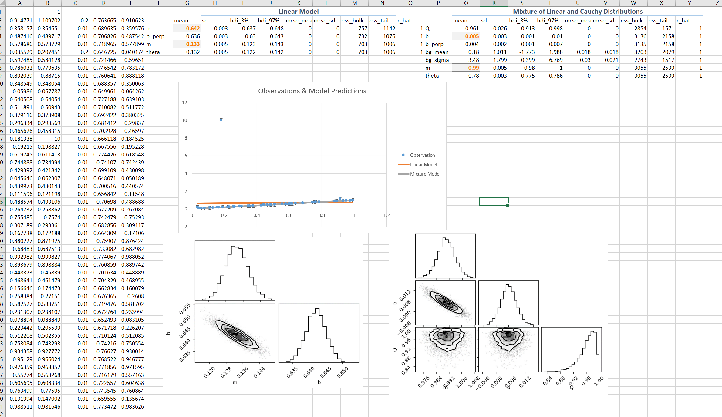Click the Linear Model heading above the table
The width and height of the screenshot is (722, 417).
(299, 11)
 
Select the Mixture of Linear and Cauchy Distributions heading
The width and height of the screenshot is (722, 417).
(578, 11)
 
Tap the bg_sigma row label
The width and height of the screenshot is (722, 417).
(437, 60)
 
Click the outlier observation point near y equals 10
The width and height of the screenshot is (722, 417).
(221, 120)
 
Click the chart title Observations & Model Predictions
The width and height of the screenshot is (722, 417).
(312, 91)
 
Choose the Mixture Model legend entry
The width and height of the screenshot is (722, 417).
(425, 174)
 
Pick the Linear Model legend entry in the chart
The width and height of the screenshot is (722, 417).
(423, 164)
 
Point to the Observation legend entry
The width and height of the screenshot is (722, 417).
(422, 155)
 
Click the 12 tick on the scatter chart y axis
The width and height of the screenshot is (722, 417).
(184, 103)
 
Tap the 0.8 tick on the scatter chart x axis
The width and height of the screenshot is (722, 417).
(322, 215)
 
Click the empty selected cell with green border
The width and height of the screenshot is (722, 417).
(494, 201)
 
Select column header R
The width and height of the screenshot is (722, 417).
(494, 3)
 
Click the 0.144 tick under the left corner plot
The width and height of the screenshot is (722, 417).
(259, 372)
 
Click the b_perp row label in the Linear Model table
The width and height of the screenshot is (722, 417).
(155, 36)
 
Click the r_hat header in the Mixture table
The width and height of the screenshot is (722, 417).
(683, 20)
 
